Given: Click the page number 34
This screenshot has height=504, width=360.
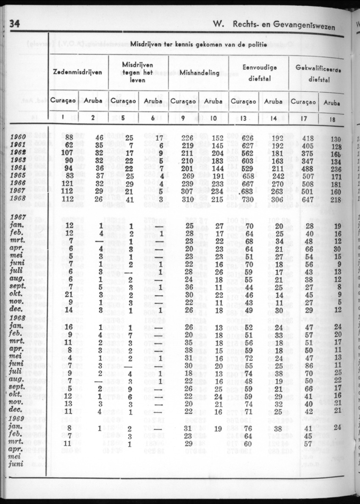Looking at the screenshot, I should coord(15,23).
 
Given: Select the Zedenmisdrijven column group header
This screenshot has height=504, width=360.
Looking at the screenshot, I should coord(78,72).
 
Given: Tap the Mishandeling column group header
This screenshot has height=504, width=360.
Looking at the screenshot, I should coord(199,73).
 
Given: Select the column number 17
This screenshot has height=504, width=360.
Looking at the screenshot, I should coord(303,119).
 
